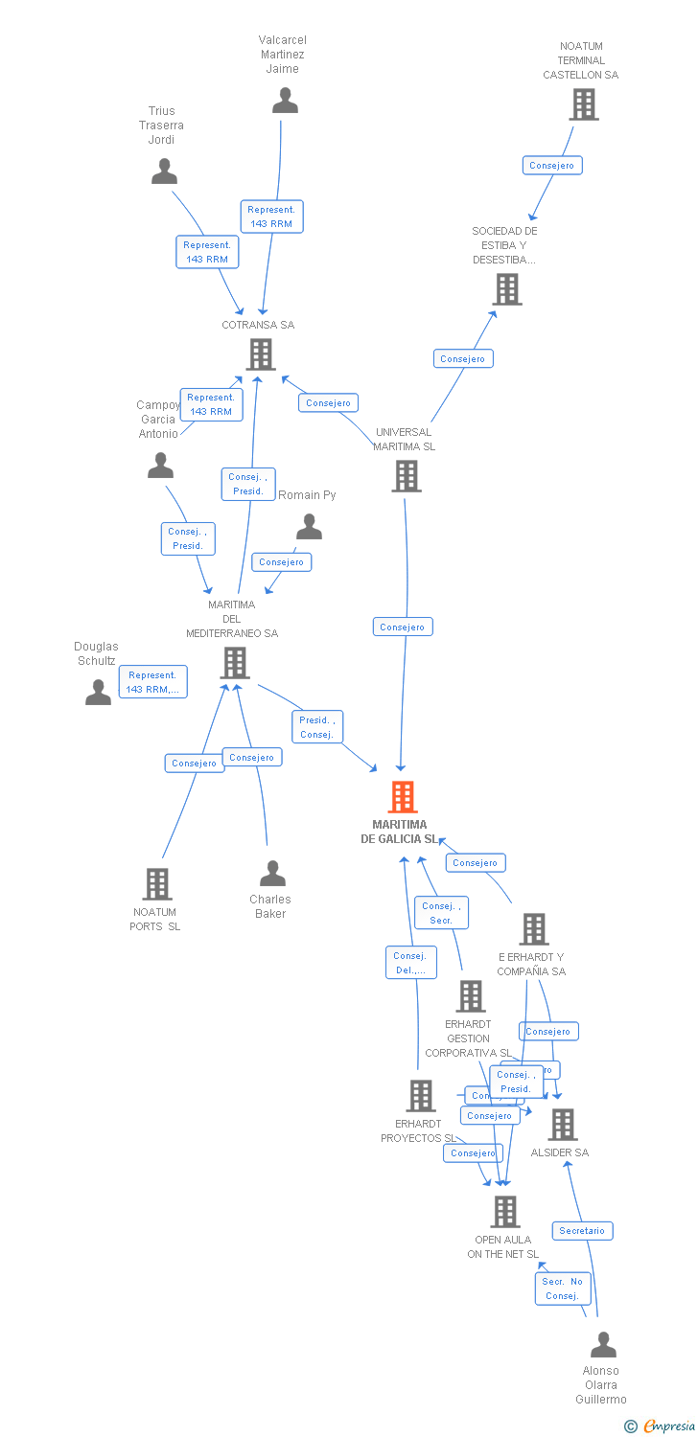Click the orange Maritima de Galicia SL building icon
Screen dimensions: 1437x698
[x=403, y=797]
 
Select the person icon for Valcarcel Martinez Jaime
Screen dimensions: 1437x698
[x=285, y=101]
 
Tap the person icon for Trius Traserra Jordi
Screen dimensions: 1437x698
[x=165, y=171]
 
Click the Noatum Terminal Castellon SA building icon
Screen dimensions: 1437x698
[x=583, y=104]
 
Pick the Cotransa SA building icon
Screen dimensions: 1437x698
[x=261, y=354]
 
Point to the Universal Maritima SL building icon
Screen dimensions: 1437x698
[x=407, y=476]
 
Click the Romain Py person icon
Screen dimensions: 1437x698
[x=309, y=527]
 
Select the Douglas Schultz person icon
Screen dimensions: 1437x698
[x=98, y=692]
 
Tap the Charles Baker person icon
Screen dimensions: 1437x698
[x=272, y=874]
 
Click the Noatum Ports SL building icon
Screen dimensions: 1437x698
[x=157, y=884]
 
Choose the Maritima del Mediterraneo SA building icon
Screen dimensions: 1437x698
[x=235, y=663]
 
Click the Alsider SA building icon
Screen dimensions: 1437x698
[x=562, y=1125]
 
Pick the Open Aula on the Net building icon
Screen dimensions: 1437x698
[x=504, y=1212]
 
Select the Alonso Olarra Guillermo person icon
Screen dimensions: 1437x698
[x=603, y=1345]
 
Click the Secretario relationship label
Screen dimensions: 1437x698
[x=582, y=1231]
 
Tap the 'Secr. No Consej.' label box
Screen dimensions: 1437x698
[x=563, y=1289]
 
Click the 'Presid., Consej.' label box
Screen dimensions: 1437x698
[x=316, y=727]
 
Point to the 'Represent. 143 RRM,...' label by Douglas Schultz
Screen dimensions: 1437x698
[x=152, y=682]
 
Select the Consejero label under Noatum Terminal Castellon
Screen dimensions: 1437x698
[x=552, y=166]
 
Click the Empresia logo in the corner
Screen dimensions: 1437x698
[x=660, y=1426]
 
